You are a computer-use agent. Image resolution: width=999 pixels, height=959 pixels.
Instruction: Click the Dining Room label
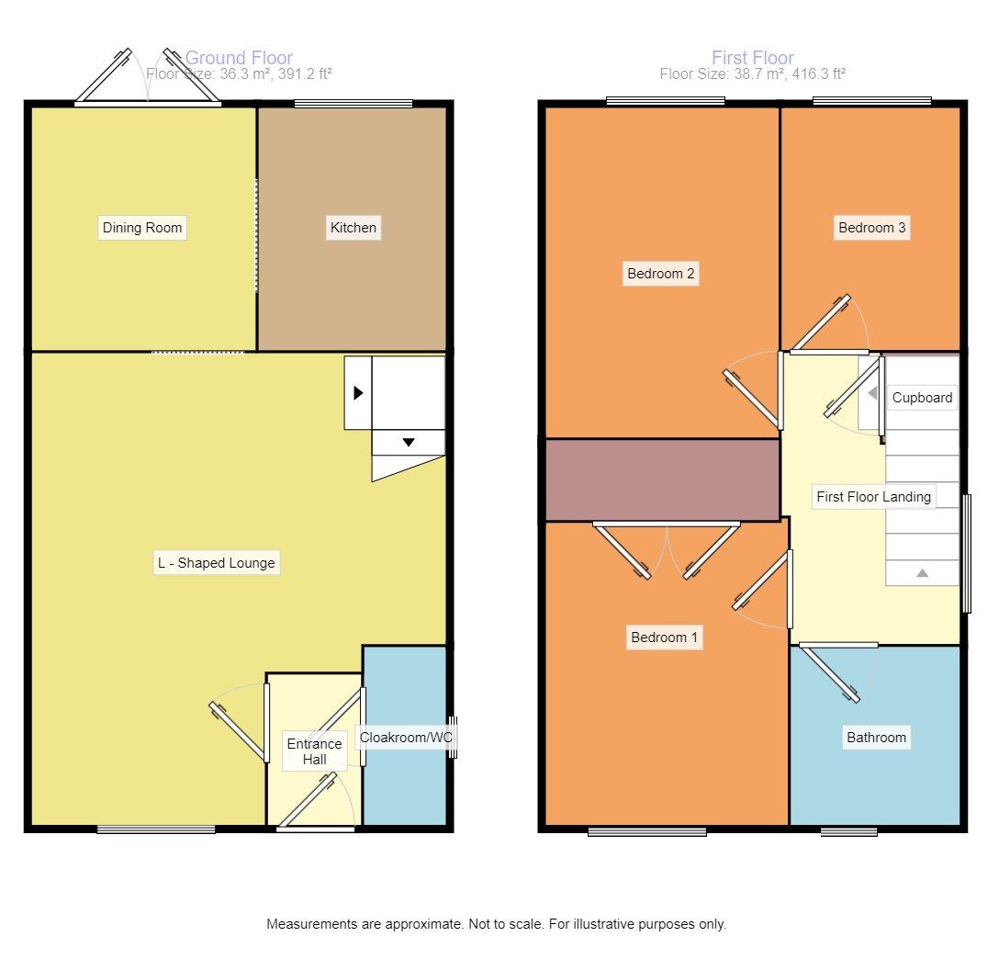(142, 228)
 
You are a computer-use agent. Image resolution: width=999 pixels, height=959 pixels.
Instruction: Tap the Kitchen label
(353, 228)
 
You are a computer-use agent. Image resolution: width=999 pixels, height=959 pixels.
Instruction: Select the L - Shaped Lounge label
(216, 563)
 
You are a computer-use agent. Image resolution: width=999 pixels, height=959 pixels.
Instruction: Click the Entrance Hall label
(314, 750)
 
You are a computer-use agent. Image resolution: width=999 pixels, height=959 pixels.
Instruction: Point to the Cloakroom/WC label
(407, 737)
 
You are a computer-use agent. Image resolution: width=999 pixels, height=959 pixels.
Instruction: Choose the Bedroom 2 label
(660, 273)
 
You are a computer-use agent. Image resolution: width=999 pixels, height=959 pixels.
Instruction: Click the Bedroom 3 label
(871, 228)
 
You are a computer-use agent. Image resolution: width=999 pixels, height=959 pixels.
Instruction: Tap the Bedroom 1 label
(664, 637)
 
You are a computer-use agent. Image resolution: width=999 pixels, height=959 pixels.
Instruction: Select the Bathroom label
(876, 737)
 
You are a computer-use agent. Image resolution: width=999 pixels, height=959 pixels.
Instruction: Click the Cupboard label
(922, 398)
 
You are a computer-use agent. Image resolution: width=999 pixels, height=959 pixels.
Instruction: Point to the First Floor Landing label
(873, 497)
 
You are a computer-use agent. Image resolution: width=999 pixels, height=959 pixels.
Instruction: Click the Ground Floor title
(239, 58)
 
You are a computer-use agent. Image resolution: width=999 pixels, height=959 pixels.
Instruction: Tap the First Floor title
(752, 58)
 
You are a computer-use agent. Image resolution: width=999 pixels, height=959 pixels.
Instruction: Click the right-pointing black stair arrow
(358, 392)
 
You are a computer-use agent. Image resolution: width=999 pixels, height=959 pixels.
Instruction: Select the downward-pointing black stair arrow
(409, 442)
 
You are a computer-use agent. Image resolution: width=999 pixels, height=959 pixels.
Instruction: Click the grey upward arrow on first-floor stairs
(922, 572)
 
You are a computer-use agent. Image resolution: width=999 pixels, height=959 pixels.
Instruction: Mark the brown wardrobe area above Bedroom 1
(662, 479)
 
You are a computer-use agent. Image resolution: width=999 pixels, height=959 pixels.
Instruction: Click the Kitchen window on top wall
(353, 104)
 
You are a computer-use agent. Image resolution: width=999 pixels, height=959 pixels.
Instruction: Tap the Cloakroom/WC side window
(453, 738)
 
